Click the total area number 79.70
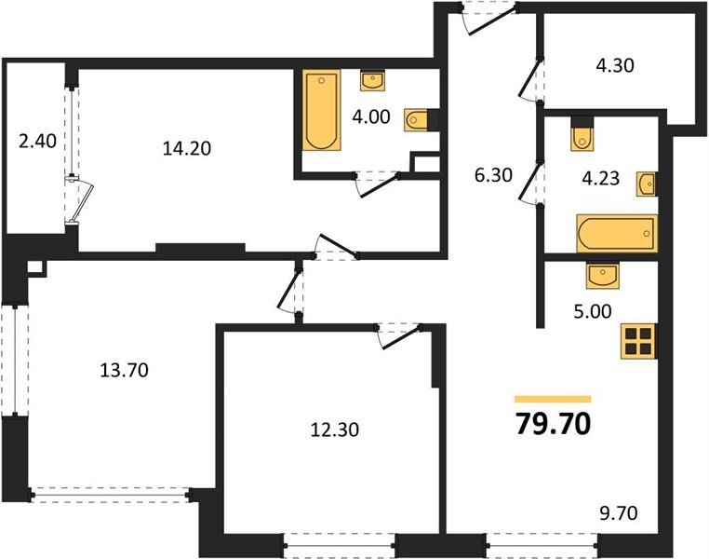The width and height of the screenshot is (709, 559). tap(553, 424)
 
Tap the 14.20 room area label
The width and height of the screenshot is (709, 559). tap(187, 148)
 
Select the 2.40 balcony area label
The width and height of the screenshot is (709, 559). tap(37, 142)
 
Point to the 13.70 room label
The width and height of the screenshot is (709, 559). tap(124, 370)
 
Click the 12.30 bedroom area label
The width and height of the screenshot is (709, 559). tap(335, 429)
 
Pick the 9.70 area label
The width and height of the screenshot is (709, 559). tap(619, 513)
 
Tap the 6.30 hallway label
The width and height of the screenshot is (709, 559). tap(493, 174)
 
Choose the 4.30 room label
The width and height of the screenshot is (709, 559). tap(615, 65)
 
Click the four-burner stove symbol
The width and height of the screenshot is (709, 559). tap(639, 341)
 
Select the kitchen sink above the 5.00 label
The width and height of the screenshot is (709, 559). tap(603, 275)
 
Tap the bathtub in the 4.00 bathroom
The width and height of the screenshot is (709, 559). tap(322, 110)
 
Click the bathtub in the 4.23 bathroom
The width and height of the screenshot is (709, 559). tap(617, 233)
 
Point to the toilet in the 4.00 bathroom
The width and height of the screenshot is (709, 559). tap(417, 120)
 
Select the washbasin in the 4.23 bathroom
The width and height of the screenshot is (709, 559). tap(647, 184)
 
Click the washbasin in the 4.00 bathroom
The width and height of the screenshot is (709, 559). tap(372, 80)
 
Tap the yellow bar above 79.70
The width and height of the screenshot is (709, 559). tap(553, 399)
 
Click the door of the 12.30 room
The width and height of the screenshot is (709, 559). tap(400, 336)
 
